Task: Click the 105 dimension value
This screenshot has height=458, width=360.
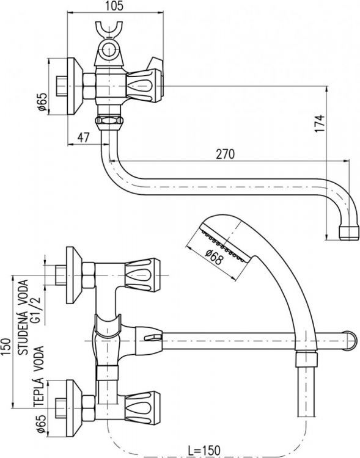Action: point(117,6)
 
